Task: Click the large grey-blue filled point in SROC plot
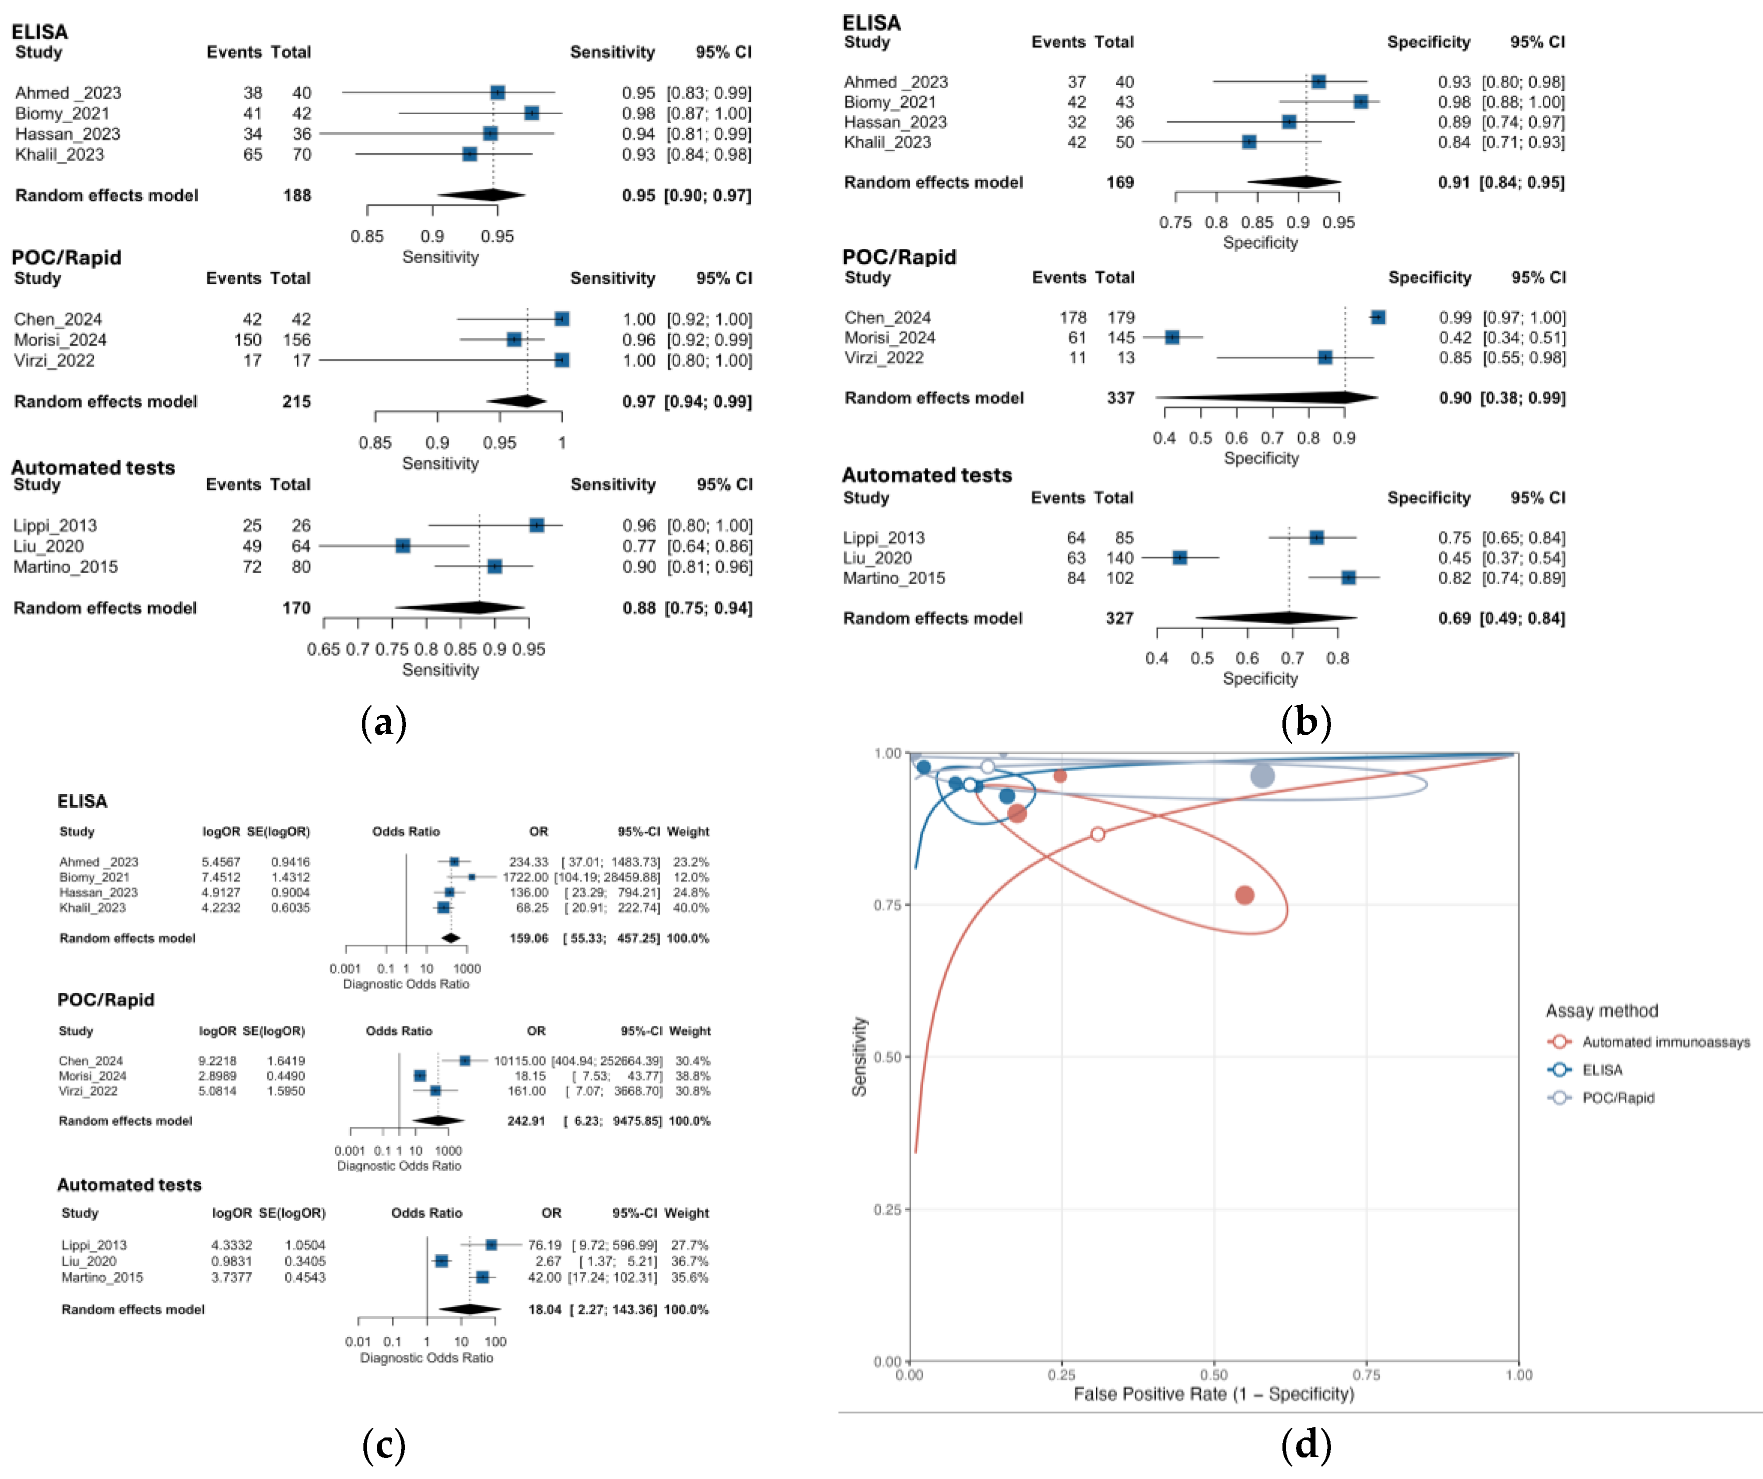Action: (1262, 776)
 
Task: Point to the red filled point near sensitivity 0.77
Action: (1244, 895)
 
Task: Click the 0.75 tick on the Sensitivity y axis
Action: (888, 905)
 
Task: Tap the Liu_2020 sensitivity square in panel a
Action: (403, 546)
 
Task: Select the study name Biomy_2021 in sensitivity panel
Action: (62, 113)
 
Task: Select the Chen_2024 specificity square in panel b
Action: (1378, 317)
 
